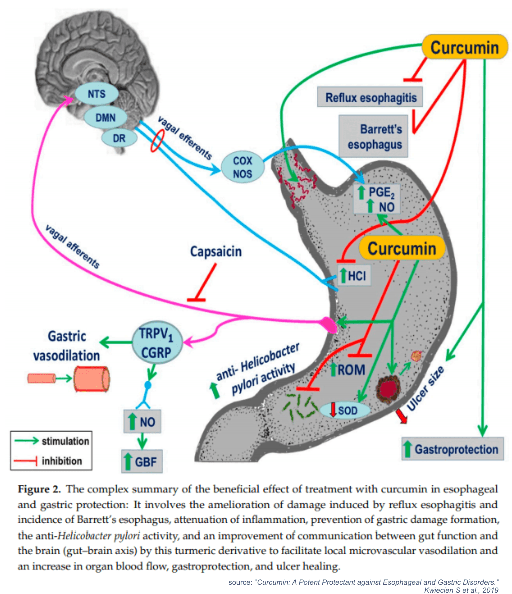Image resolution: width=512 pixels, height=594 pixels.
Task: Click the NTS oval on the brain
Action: [97, 94]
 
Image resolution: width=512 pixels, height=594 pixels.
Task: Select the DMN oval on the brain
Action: [105, 118]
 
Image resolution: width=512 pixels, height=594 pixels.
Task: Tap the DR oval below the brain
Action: [119, 138]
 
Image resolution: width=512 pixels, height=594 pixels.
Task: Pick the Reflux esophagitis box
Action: [370, 97]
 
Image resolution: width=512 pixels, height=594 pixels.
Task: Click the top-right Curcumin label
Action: [464, 48]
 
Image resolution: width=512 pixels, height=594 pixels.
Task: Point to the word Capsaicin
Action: [216, 251]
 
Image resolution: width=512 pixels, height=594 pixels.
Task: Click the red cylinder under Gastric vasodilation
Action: [92, 378]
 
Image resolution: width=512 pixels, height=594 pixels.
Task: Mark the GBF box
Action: [143, 461]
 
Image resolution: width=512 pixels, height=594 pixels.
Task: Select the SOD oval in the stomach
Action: [345, 410]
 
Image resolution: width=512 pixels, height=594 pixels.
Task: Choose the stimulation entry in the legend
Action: [52, 441]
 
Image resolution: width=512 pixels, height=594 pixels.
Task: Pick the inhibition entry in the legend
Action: [52, 460]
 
